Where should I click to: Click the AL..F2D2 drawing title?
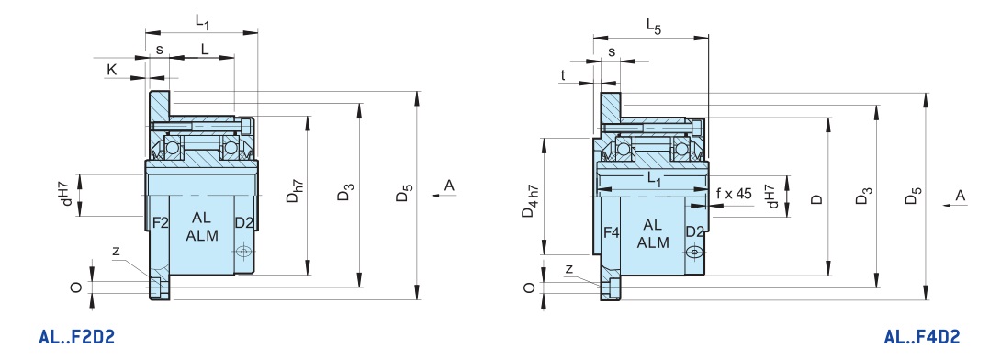tap(76, 337)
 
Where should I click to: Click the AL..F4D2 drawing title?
tap(921, 337)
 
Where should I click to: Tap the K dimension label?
tap(112, 70)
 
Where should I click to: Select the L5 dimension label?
tap(654, 26)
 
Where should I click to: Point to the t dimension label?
tap(562, 75)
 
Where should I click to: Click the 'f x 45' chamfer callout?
tap(734, 194)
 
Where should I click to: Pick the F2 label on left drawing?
tap(160, 223)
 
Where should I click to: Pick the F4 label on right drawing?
tap(611, 233)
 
